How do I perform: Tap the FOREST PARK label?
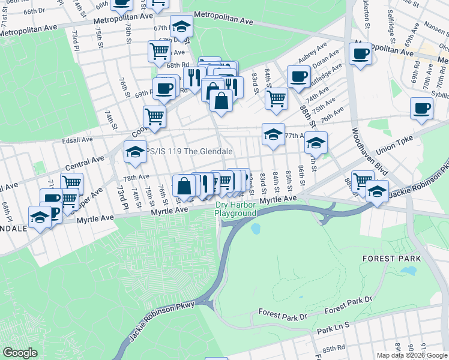click(x=387, y=258)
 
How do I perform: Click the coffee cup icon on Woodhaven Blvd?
click(x=360, y=54)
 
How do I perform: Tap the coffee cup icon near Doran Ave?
click(x=298, y=76)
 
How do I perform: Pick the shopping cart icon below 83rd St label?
click(x=276, y=99)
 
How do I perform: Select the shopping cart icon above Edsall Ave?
click(x=154, y=116)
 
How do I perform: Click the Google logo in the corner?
click(x=20, y=353)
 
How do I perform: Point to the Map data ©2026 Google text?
click(x=412, y=355)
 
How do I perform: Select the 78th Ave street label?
click(x=136, y=178)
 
